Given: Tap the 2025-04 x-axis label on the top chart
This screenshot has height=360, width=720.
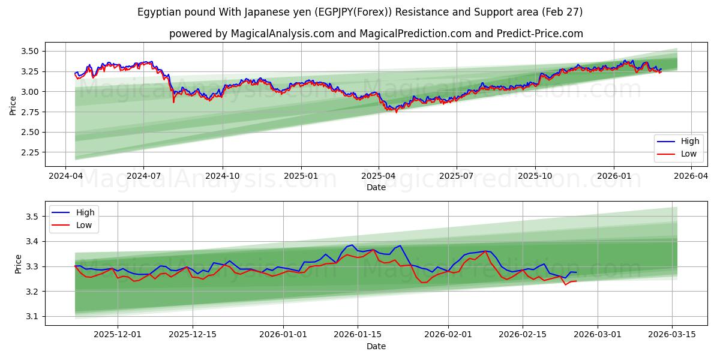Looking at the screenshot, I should point(378,176).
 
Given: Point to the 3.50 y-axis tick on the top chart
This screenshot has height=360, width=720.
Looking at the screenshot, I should point(29,52).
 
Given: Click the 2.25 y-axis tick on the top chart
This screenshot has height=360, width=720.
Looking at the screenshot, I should point(29,152).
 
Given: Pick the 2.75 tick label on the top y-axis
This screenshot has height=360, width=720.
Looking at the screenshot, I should point(29,112).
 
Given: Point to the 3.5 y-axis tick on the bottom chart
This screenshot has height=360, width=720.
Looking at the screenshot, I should point(34,217).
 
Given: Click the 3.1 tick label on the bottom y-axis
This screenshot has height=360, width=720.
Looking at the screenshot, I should point(34,317).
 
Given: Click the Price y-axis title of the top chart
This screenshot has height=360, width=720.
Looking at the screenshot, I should point(13,105).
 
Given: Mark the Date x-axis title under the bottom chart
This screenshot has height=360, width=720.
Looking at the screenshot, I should point(376,346).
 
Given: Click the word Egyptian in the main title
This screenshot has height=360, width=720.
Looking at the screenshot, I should point(158,12).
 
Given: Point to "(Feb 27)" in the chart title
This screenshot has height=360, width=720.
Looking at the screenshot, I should point(562,12).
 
